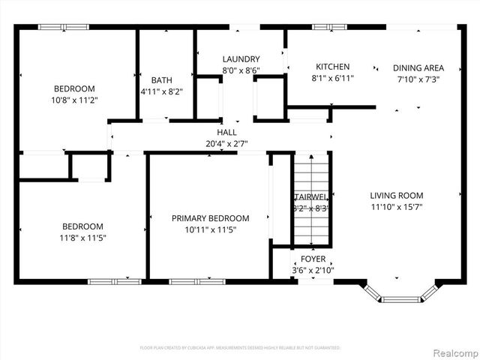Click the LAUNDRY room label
click(241, 59)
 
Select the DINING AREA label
click(418, 67)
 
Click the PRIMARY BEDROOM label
click(210, 218)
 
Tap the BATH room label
click(161, 80)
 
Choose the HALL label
click(226, 132)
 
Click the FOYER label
click(313, 259)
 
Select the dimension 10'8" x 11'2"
click(75, 99)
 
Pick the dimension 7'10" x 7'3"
click(418, 79)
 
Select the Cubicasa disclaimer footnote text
click(240, 348)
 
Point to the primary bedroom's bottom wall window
click(187, 281)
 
